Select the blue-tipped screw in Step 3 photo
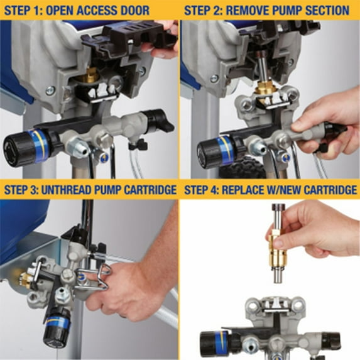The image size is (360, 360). tap(81, 274)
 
